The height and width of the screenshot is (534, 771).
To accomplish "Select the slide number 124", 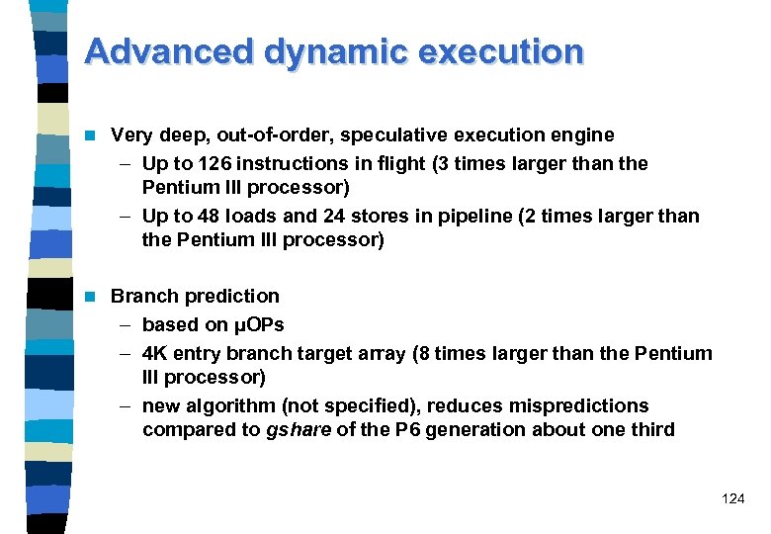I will coord(733,499).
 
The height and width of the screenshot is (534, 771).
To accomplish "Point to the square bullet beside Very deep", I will coord(92,134).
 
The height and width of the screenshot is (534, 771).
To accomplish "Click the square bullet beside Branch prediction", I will coord(92,296).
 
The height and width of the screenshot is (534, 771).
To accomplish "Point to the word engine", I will coord(581,134).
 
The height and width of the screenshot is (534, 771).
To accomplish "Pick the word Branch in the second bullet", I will coord(141,296).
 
